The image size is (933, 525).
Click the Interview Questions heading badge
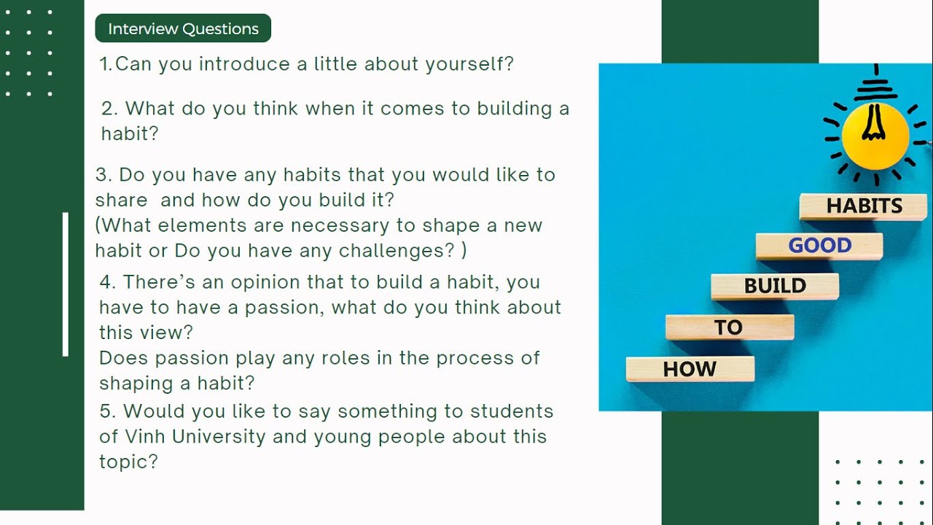click(183, 28)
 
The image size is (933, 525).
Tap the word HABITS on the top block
click(864, 206)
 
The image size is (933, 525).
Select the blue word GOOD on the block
click(819, 246)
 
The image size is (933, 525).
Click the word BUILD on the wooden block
click(775, 286)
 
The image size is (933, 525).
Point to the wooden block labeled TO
click(729, 327)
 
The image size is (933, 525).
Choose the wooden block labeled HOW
click(690, 369)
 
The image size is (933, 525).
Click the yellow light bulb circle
click(875, 135)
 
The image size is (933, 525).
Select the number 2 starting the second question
click(108, 109)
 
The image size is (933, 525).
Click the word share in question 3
click(121, 200)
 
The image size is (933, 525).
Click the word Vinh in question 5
click(145, 437)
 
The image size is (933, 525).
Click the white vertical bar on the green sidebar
click(66, 284)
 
